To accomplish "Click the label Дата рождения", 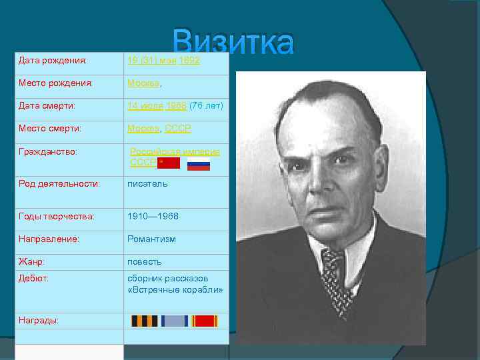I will pos(53,61).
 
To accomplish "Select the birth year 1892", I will pos(190,61).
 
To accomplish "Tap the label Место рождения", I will pos(55,84).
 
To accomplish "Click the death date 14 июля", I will pos(146,106).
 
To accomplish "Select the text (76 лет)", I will pos(206,106).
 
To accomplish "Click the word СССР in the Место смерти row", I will pos(178,129).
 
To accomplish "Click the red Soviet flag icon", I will pos(169,163).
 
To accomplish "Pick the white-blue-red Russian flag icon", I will pos(199,164).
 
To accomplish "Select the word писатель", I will pos(148,183).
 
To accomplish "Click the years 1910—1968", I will pos(153,217).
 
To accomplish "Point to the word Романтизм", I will pos(152,239).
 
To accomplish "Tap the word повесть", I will pos(145,262).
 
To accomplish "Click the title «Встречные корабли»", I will pos(175,291).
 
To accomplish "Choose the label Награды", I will pos(39,321).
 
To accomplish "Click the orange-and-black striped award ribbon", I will pos(145,321).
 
